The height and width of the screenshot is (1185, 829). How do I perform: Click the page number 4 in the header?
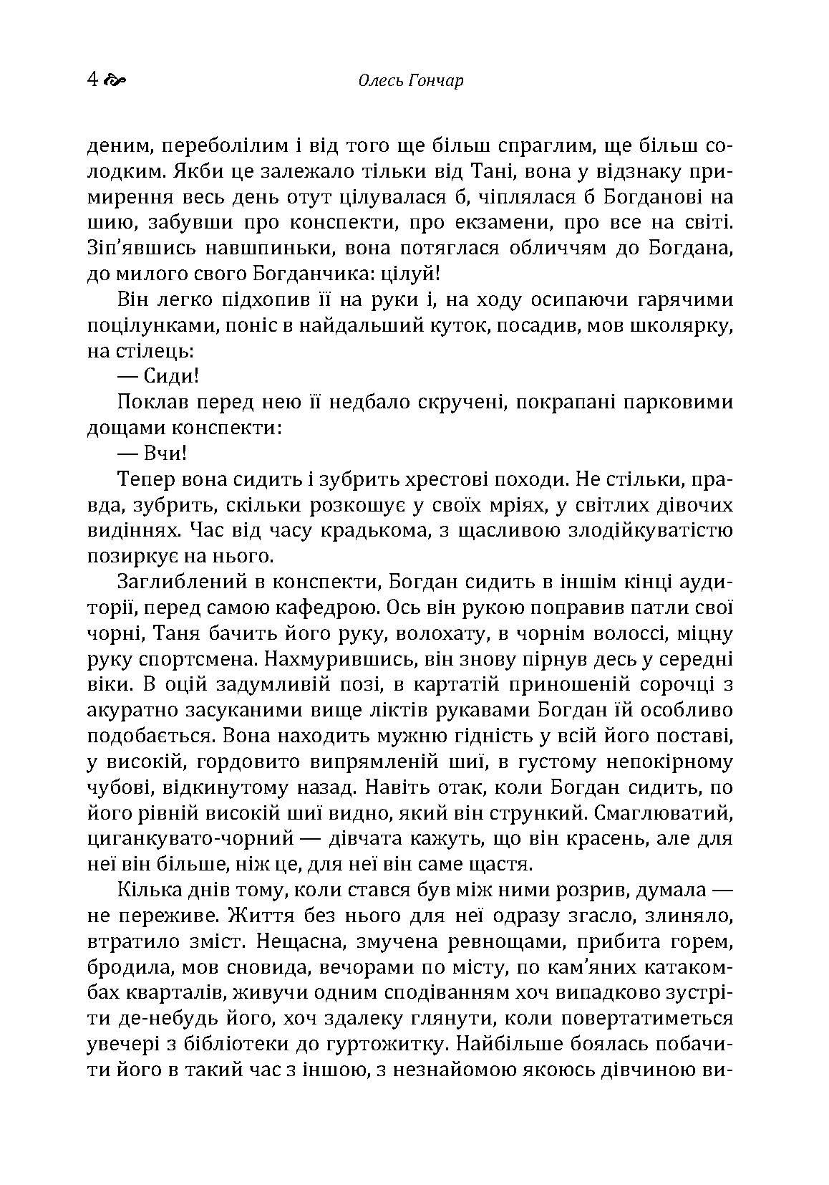[92, 79]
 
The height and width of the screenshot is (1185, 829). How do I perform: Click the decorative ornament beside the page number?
[115, 80]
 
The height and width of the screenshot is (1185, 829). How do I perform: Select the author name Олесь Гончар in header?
[409, 80]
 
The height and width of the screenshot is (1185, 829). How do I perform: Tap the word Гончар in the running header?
[436, 80]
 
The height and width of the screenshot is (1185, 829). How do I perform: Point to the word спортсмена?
[190, 661]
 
